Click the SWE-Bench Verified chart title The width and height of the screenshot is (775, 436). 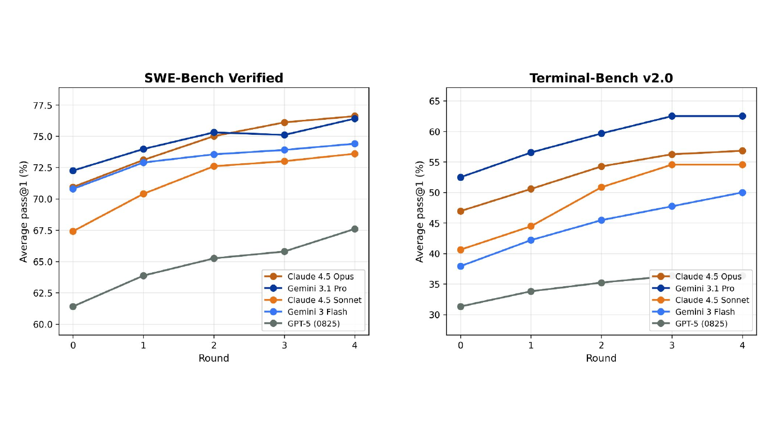[213, 78]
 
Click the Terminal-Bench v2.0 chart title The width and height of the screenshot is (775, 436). [601, 78]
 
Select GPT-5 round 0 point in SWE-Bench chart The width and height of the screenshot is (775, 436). [73, 307]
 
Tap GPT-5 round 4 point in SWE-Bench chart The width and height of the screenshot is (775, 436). [354, 229]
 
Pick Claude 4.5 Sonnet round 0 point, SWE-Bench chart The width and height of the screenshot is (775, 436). [73, 231]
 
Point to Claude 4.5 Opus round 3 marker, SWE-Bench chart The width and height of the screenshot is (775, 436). [284, 122]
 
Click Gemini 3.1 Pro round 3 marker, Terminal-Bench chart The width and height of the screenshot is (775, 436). [672, 116]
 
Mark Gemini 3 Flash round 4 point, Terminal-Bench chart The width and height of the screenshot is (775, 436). [742, 193]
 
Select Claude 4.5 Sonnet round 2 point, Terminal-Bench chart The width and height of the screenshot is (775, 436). [601, 188]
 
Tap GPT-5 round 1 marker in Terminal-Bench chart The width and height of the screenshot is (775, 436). [531, 291]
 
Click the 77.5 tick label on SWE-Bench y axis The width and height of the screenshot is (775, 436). [43, 105]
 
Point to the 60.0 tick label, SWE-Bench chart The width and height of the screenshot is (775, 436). [43, 324]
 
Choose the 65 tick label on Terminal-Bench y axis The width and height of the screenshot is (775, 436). [435, 101]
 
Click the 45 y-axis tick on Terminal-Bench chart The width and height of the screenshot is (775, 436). [435, 223]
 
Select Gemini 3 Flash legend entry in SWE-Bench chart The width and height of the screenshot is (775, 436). [317, 312]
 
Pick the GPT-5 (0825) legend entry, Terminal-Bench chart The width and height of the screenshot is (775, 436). [701, 324]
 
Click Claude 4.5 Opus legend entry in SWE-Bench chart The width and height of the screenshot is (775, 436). [320, 277]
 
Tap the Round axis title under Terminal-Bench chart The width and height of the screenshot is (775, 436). [601, 358]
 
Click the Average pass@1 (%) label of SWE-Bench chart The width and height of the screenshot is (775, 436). [24, 211]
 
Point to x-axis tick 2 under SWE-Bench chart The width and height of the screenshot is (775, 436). [214, 345]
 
